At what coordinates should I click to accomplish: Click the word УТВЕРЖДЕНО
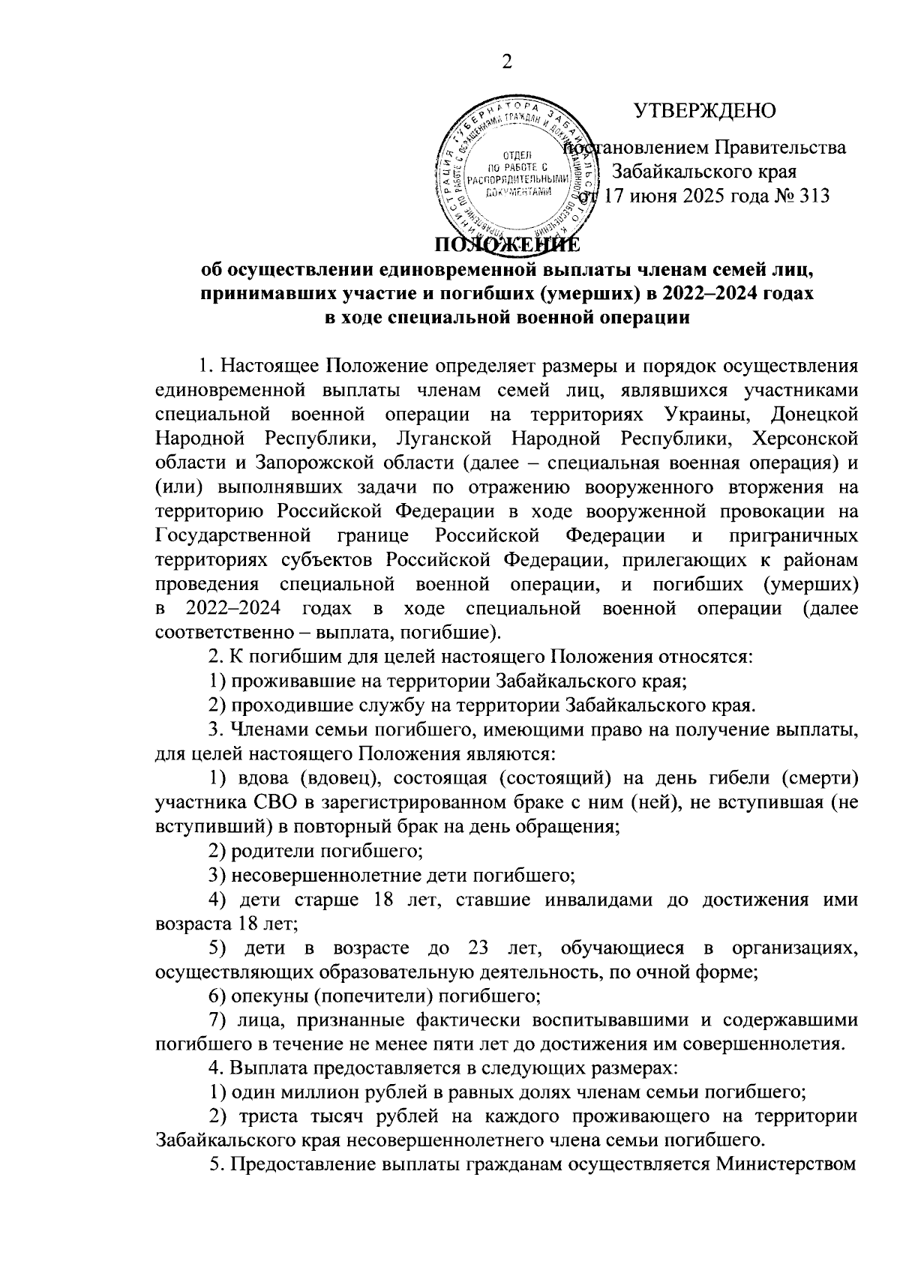[x=705, y=111]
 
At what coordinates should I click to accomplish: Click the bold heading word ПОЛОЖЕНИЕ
[x=506, y=244]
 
